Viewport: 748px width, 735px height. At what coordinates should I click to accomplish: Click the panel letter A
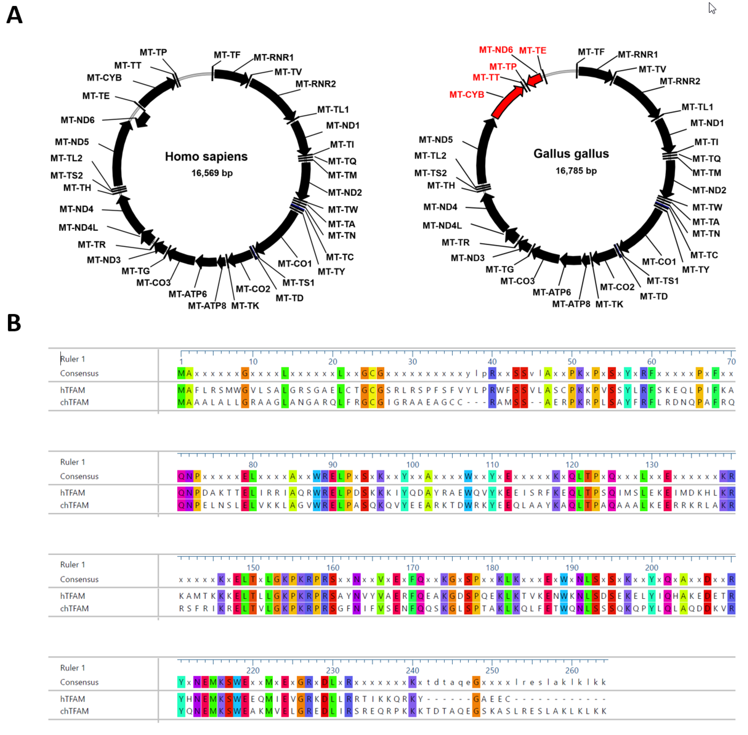14,16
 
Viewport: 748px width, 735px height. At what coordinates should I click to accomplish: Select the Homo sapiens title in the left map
206,156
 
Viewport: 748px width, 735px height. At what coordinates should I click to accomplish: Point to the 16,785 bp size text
576,171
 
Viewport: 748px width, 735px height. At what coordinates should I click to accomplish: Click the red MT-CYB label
467,95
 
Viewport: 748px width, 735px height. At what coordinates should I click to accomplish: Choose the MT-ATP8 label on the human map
207,306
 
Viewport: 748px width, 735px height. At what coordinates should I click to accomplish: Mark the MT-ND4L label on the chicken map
442,225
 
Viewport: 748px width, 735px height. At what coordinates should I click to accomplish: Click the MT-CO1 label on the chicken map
659,262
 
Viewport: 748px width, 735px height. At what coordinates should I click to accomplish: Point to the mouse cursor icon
712,8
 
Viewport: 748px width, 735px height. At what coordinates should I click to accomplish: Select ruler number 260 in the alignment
572,671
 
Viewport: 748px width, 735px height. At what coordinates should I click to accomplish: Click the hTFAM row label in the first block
73,390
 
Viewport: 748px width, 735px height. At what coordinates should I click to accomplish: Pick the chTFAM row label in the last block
74,711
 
